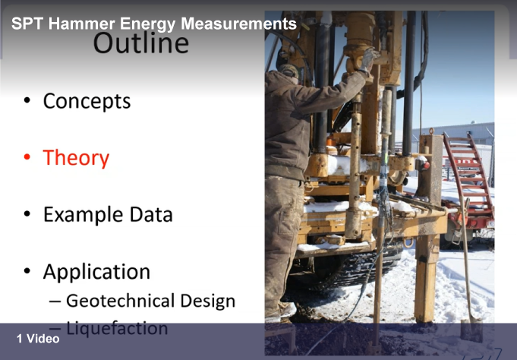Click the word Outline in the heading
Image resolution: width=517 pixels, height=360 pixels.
141,43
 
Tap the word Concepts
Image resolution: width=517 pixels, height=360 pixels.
87,101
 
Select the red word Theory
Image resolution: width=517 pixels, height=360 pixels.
76,159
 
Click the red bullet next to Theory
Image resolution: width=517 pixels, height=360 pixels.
27,157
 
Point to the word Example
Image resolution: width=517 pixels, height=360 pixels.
84,215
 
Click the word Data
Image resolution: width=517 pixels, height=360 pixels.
151,214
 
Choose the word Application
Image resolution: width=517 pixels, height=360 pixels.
96,272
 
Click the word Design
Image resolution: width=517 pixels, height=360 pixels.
208,302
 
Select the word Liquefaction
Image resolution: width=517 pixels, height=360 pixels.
117,329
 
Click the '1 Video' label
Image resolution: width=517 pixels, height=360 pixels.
38,339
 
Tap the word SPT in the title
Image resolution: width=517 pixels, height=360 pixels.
27,24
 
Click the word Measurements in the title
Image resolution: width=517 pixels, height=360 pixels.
238,24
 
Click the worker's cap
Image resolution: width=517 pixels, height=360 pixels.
288,70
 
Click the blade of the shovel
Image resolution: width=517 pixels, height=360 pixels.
471,330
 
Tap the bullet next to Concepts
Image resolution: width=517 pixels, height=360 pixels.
27,100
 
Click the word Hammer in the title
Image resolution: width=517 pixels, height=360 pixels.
82,24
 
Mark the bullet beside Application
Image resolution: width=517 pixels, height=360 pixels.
27,271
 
